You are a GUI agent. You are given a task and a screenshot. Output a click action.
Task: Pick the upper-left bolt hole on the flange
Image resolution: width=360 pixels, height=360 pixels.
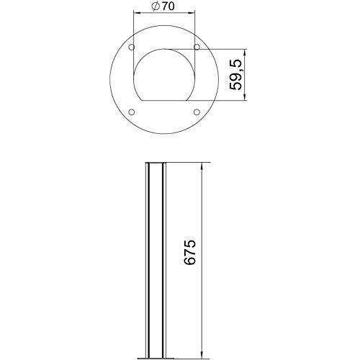click(x=131, y=48)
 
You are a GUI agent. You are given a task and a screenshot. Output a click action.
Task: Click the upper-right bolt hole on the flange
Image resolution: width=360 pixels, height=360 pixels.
click(x=197, y=48)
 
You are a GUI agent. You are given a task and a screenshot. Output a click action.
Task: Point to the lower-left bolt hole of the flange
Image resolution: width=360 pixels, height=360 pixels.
click(x=131, y=112)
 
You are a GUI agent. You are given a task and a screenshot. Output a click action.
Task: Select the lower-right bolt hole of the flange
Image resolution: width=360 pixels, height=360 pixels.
click(x=197, y=112)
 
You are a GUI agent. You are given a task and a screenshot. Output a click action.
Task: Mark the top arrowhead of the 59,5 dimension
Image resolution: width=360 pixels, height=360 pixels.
click(x=247, y=52)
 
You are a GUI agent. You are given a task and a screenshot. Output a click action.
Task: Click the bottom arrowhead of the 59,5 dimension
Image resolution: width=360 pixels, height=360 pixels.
click(x=247, y=99)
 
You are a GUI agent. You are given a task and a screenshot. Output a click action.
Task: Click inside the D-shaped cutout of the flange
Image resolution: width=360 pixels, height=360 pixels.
click(x=165, y=76)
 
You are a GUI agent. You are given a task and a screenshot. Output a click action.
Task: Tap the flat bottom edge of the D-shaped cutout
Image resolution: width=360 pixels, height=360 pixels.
click(x=165, y=99)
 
